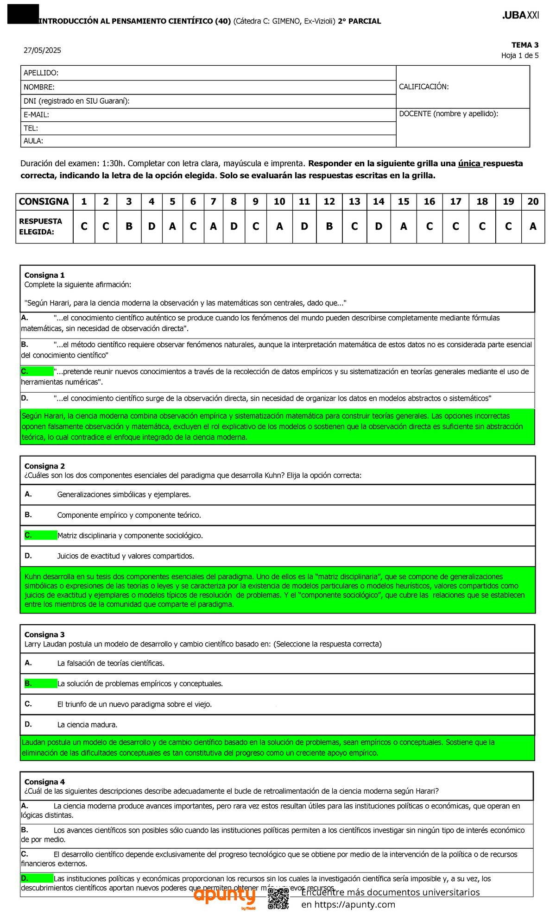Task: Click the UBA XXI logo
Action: click(520, 15)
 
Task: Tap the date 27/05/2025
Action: click(43, 50)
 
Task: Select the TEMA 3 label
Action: click(524, 45)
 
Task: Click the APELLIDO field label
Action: click(41, 73)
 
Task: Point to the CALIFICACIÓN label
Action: click(423, 87)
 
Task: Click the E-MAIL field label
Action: click(36, 115)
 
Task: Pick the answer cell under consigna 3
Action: click(129, 226)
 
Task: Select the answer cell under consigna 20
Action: click(533, 226)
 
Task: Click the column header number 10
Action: click(279, 201)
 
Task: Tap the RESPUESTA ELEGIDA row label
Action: click(40, 226)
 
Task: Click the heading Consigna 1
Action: click(44, 275)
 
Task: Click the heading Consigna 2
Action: click(44, 466)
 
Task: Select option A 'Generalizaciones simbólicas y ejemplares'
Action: click(124, 495)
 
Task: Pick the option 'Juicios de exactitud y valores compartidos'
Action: click(125, 556)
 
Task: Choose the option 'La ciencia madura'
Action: click(87, 725)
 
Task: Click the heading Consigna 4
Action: click(44, 782)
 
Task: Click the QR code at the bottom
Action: click(278, 898)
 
